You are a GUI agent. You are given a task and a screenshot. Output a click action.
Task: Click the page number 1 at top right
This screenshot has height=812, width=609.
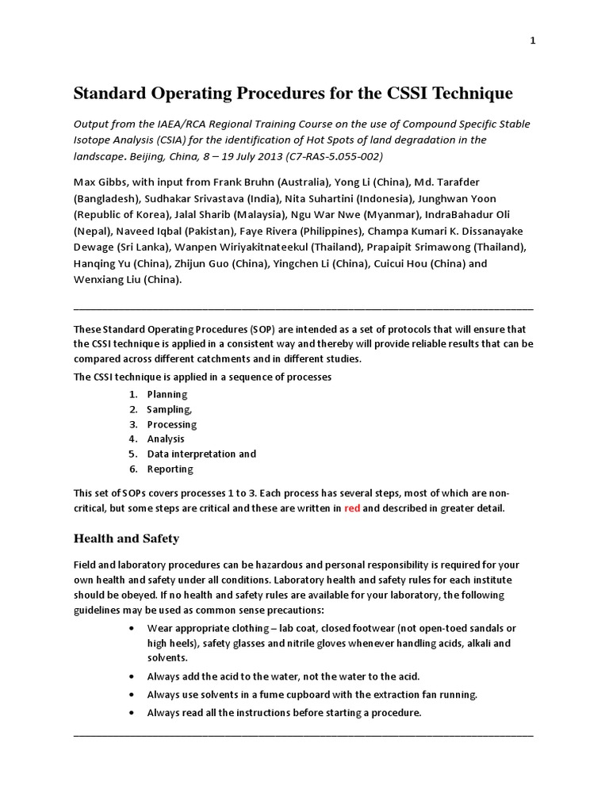click(x=533, y=42)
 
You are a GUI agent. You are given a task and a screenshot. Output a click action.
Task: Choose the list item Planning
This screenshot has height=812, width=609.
click(x=167, y=394)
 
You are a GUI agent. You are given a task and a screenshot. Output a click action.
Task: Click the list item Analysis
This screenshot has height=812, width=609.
click(x=166, y=439)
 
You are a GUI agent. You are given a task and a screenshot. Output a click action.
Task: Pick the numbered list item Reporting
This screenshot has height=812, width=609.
click(x=170, y=469)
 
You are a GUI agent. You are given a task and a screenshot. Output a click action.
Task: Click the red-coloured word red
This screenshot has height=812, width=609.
click(x=352, y=508)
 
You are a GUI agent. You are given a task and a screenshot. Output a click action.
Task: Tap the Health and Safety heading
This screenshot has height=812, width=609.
click(x=126, y=539)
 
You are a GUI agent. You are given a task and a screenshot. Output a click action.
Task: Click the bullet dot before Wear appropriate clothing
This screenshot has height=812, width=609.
click(x=131, y=628)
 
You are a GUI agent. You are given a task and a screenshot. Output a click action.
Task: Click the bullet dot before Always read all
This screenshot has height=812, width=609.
click(x=131, y=713)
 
